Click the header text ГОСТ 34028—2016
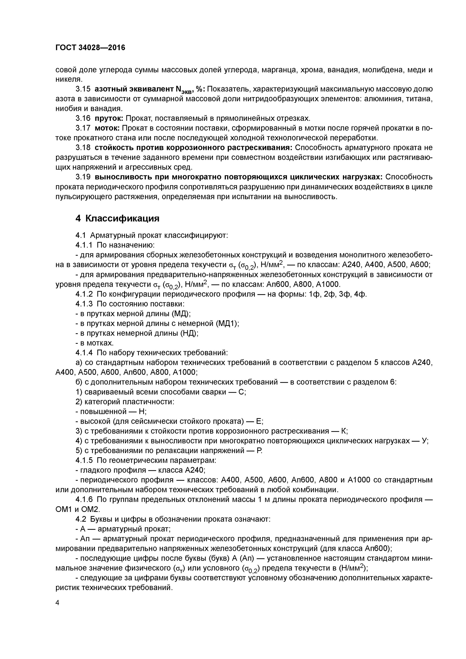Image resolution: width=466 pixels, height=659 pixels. [90, 48]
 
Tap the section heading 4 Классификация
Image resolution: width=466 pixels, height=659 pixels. [117, 218]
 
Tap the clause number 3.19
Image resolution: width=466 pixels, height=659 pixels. [83, 177]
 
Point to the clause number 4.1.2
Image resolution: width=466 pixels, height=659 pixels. [84, 294]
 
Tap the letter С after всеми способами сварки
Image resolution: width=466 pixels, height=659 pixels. [242, 392]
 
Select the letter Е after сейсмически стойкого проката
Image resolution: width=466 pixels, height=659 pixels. [259, 421]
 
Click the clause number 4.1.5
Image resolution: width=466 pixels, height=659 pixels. [84, 460]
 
